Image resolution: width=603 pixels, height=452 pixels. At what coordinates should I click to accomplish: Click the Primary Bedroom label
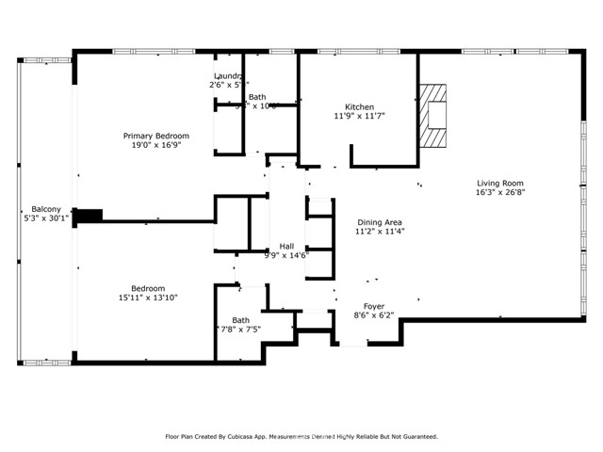pyautogui.click(x=156, y=136)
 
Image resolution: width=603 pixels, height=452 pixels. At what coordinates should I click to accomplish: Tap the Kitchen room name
pyautogui.click(x=360, y=106)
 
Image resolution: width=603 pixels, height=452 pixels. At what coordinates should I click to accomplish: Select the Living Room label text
pyautogui.click(x=499, y=183)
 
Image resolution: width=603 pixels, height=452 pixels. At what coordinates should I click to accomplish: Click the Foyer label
pyautogui.click(x=375, y=306)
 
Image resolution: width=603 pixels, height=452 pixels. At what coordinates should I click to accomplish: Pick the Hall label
pyautogui.click(x=286, y=246)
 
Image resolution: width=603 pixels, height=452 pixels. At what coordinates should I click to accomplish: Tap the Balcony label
pyautogui.click(x=46, y=209)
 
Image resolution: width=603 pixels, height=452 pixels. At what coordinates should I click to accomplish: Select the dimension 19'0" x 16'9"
pyautogui.click(x=156, y=146)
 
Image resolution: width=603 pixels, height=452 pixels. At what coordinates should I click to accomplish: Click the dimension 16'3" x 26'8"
pyautogui.click(x=499, y=193)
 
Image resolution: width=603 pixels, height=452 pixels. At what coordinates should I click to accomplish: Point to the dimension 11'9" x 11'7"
pyautogui.click(x=360, y=116)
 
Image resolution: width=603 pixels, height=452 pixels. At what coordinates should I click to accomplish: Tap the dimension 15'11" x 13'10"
pyautogui.click(x=148, y=298)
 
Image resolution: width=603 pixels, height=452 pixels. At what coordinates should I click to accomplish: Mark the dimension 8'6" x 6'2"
pyautogui.click(x=375, y=316)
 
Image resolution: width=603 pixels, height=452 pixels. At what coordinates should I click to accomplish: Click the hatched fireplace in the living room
pyautogui.click(x=433, y=114)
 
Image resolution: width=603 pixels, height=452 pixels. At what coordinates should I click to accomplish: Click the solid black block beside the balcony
pyautogui.click(x=88, y=216)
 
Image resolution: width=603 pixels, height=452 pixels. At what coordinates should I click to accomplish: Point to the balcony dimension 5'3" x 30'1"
pyautogui.click(x=46, y=218)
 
